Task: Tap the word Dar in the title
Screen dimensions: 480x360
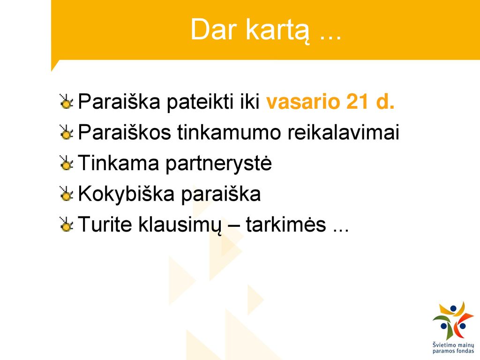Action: click(x=214, y=30)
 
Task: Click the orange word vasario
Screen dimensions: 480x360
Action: click(x=303, y=102)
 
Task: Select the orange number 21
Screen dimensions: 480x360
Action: click(x=357, y=101)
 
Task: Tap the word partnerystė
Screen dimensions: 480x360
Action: click(x=218, y=163)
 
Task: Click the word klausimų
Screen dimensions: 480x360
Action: click(x=180, y=225)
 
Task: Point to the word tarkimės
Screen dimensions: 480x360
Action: click(x=286, y=225)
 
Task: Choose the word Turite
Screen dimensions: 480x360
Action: click(x=105, y=224)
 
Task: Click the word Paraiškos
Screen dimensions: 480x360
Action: click(x=124, y=132)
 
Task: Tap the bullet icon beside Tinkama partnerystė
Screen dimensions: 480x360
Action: click(x=67, y=163)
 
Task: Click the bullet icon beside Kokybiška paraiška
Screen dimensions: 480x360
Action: click(x=67, y=194)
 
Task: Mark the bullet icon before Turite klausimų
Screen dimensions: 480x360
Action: click(x=67, y=224)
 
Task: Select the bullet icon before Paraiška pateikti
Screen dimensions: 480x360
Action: click(x=67, y=102)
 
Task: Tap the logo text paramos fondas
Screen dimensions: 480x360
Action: click(x=453, y=351)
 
